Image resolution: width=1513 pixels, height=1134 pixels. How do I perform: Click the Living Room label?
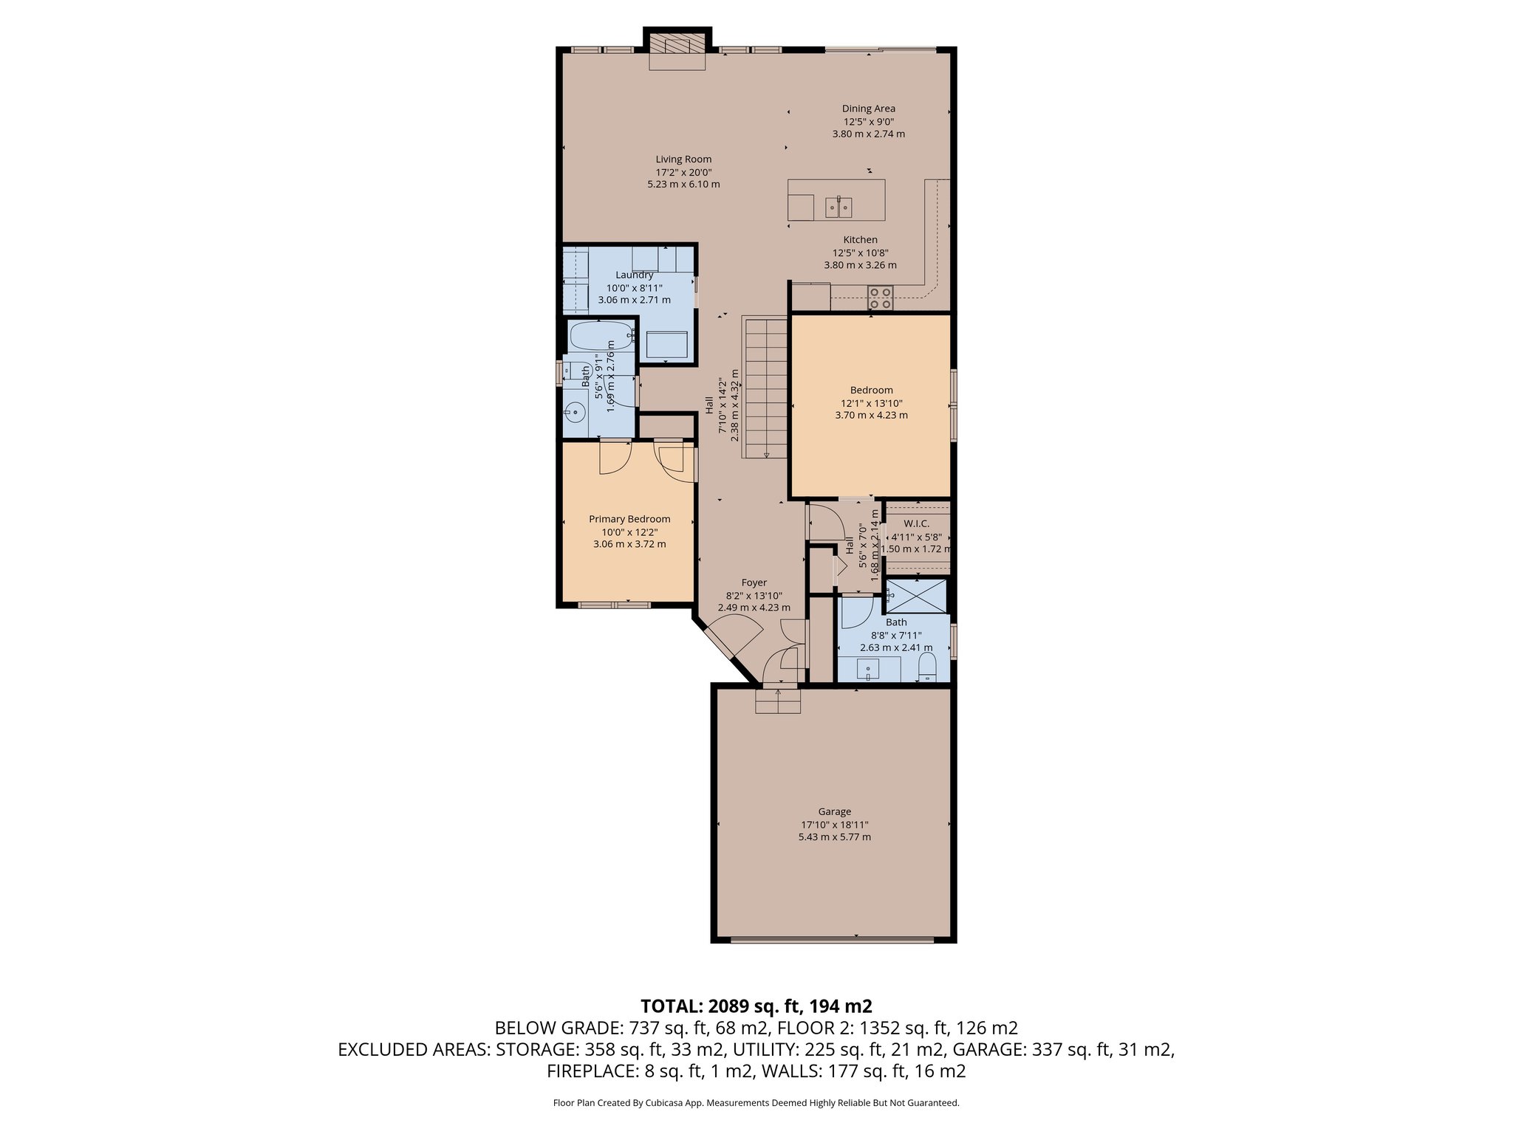pos(683,159)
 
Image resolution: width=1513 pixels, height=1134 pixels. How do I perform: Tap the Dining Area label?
pos(869,109)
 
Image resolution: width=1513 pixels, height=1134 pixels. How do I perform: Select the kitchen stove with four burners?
pos(880,298)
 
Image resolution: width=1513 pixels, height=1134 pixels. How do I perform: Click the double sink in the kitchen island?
pos(839,207)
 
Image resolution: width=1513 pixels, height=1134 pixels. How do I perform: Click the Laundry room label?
pos(634,275)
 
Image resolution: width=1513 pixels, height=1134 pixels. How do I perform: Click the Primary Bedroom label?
pos(629,519)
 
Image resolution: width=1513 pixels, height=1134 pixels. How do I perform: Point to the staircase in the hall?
pos(765,387)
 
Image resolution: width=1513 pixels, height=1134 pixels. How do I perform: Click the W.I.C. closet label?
pos(916,523)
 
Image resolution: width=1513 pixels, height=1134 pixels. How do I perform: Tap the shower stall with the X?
pos(916,595)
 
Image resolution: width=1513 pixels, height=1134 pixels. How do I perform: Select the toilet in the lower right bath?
pos(927,669)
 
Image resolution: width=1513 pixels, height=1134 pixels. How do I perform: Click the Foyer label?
pos(754,583)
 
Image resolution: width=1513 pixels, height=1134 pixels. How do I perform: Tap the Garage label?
pos(835,811)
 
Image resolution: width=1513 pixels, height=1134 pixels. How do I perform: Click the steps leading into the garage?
pos(778,700)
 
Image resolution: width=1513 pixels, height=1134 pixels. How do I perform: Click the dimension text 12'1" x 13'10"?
pos(872,403)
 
